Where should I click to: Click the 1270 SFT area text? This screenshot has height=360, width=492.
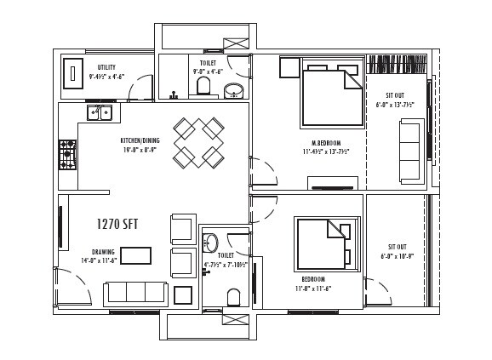point(117,225)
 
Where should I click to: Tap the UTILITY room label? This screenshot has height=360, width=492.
point(106,67)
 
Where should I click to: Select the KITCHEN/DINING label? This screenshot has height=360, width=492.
point(140,140)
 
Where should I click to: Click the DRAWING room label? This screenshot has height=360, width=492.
point(103,252)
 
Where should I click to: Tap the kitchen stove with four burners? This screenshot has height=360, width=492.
point(67,155)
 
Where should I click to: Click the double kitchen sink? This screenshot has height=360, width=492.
point(99,112)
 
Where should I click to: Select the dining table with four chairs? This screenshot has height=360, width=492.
point(198,142)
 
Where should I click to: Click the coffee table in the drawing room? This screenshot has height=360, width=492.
point(135,255)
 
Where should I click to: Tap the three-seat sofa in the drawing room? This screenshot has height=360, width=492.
point(134,294)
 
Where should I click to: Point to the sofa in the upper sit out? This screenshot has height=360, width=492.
point(410,151)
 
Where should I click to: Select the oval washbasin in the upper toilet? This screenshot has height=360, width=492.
point(232,90)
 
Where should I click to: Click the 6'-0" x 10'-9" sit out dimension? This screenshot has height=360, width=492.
point(396,255)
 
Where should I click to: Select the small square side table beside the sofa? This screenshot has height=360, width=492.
point(183,295)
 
